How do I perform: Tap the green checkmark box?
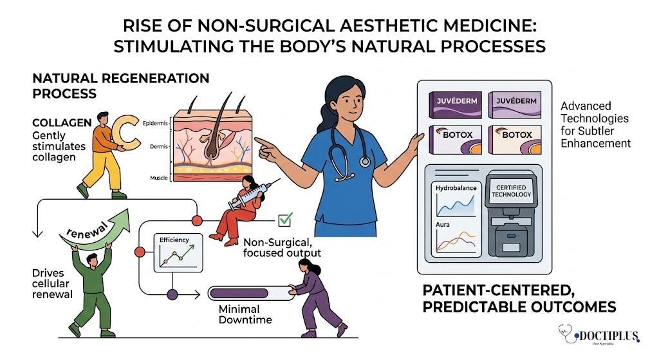[x=284, y=221]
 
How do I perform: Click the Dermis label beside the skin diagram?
[x=155, y=146]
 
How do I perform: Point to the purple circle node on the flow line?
[x=172, y=294]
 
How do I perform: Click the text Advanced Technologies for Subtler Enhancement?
[x=594, y=124]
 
